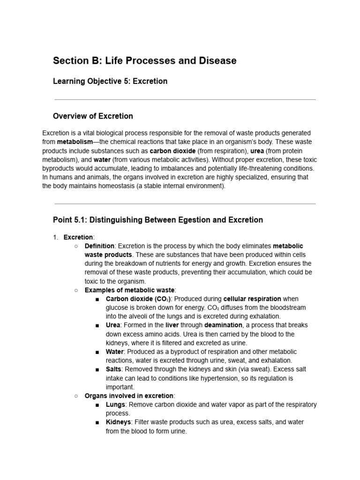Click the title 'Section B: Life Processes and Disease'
[x=144, y=60]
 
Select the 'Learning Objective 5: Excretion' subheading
[x=110, y=81]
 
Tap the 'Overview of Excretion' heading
[x=93, y=116]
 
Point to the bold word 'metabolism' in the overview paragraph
[x=75, y=142]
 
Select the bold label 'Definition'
[x=99, y=246]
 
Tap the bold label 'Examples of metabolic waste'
[x=130, y=290]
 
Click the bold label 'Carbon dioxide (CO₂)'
[x=138, y=299]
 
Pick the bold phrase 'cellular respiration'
[x=252, y=299]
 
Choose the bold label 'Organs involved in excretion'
[x=129, y=396]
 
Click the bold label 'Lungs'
[x=115, y=405]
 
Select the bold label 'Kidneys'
[x=119, y=422]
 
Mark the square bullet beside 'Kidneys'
[x=97, y=422]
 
